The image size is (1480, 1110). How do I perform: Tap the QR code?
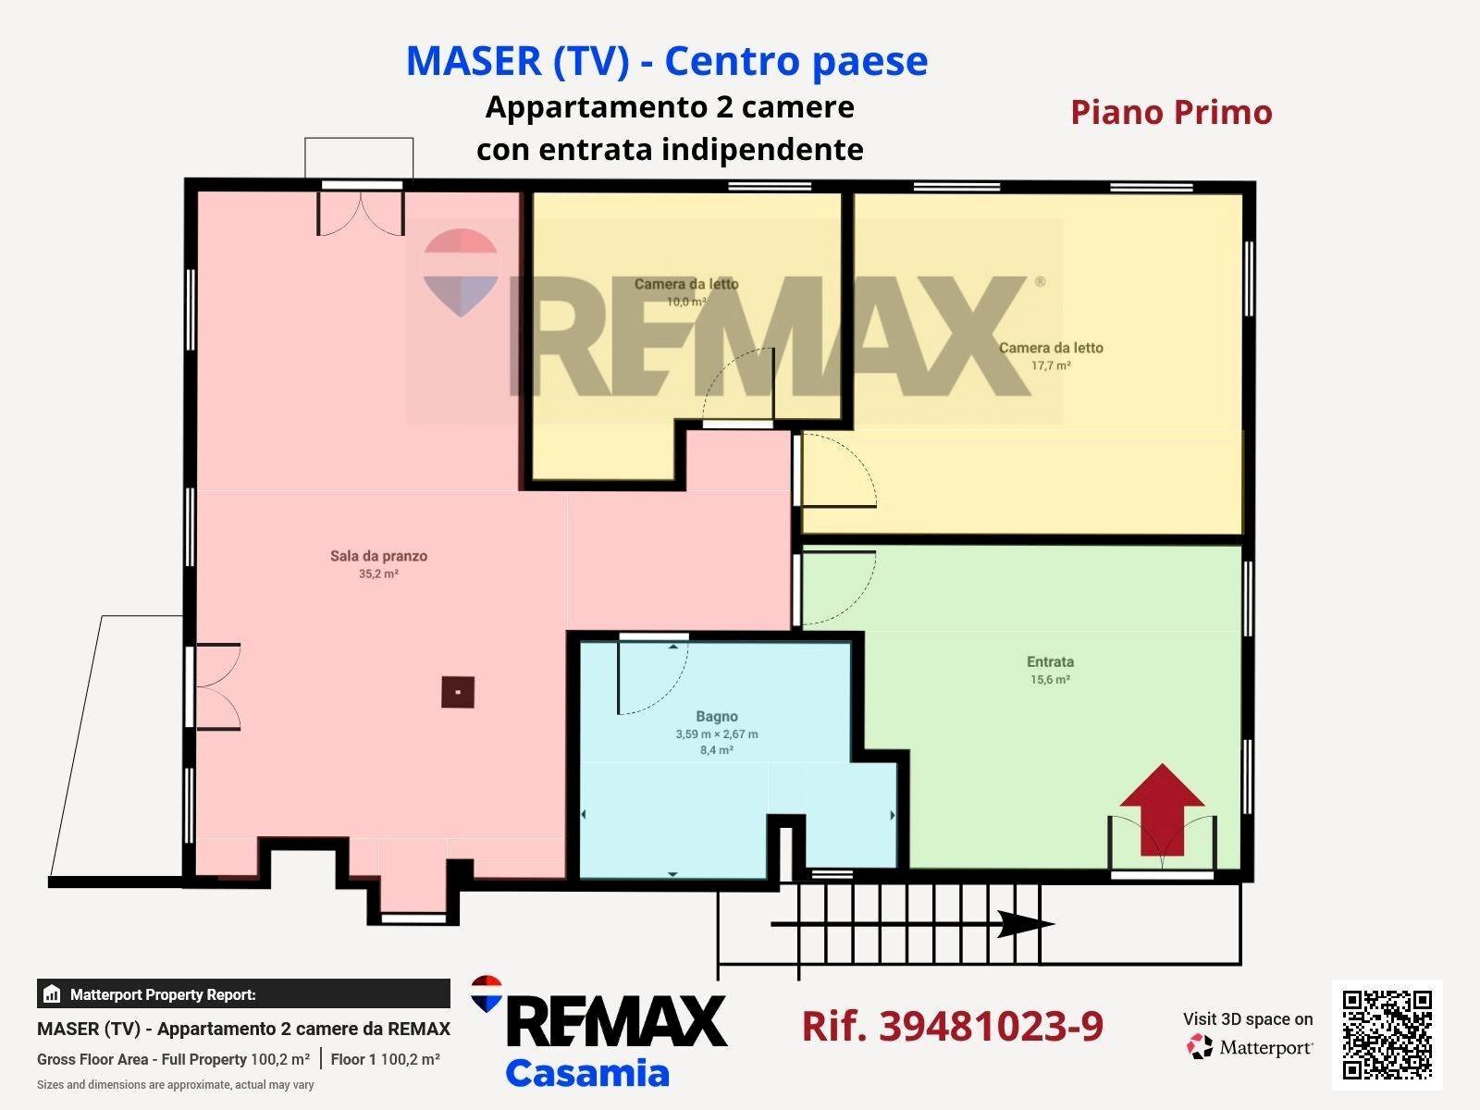point(1387,1035)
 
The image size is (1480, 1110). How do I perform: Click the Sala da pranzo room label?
point(378,556)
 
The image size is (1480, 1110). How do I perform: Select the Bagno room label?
point(717,716)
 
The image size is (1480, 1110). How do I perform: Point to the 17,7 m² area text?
point(1051,365)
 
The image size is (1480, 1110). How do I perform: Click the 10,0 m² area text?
point(686,302)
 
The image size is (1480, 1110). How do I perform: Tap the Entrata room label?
point(1050,661)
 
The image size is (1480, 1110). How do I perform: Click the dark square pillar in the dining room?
point(458,692)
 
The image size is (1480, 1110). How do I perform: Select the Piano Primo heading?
point(1171,112)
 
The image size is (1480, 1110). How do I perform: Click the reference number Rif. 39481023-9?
point(952,1026)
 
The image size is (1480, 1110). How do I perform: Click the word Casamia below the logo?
point(587,1073)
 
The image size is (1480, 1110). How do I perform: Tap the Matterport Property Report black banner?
point(243,993)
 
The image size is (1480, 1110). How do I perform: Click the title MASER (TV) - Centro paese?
point(667,61)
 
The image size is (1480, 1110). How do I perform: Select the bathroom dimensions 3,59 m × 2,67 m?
point(717,734)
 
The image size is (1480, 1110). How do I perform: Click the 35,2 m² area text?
point(378,573)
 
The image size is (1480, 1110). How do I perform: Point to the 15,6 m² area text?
point(1050,679)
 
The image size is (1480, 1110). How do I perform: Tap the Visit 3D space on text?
point(1248,1019)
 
